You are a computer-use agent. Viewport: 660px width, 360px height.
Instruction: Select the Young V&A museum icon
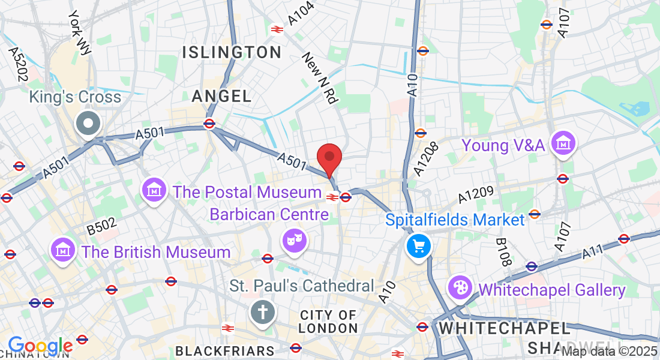point(564,144)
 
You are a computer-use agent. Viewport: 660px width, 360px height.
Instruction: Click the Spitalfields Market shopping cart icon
point(418,245)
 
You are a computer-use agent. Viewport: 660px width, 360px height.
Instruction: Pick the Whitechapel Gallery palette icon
point(460,288)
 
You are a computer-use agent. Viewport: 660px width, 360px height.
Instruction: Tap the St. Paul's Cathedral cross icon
point(262,312)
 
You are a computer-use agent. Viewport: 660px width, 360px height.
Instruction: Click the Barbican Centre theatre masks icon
point(295,241)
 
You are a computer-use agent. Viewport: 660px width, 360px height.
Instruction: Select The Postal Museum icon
point(154,190)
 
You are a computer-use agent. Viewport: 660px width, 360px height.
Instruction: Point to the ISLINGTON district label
point(232,52)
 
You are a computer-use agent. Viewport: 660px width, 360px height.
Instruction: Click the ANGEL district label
point(222,95)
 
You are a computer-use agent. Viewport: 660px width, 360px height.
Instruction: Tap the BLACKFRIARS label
point(225,350)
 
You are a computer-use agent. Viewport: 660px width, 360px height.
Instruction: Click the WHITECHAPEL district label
point(505,328)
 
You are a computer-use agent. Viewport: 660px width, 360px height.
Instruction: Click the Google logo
point(40,346)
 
